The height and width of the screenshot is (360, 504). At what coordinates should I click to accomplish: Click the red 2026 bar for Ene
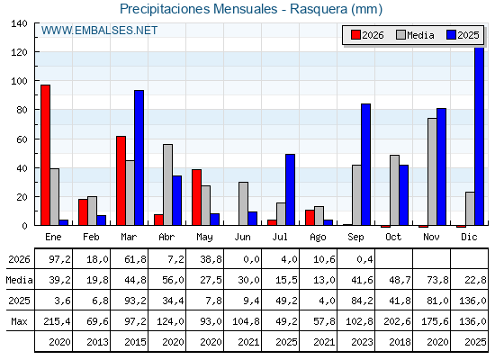[45, 155]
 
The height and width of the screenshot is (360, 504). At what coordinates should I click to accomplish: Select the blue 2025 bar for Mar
[139, 157]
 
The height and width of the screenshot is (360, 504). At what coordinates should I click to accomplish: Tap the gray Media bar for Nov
[432, 172]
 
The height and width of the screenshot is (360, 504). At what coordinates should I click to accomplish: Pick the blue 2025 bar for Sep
[365, 165]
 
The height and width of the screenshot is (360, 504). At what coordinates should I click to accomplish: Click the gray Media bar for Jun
[243, 203]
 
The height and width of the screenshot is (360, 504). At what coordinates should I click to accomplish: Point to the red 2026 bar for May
[197, 197]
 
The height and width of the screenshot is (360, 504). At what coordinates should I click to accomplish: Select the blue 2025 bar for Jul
[290, 190]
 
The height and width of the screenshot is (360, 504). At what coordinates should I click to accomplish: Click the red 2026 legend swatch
[355, 35]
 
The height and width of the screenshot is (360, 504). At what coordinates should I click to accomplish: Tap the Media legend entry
[415, 35]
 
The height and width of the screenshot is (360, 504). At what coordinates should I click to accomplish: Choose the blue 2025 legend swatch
[451, 35]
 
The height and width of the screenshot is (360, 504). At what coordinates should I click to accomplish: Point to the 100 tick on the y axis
[19, 81]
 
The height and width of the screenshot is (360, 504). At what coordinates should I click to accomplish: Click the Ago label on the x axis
[318, 238]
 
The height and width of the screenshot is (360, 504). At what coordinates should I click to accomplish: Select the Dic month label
[469, 237]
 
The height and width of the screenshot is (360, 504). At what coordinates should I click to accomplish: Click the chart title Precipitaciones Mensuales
[198, 9]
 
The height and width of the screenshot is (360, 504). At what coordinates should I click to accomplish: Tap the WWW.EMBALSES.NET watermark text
[99, 31]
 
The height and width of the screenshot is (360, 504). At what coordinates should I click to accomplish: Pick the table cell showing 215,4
[59, 321]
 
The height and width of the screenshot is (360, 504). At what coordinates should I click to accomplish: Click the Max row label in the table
[19, 321]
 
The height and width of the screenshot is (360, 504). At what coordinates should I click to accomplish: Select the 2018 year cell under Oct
[400, 342]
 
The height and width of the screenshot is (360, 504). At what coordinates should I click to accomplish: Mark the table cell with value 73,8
[437, 280]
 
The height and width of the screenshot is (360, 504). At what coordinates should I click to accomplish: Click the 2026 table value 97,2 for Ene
[59, 259]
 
